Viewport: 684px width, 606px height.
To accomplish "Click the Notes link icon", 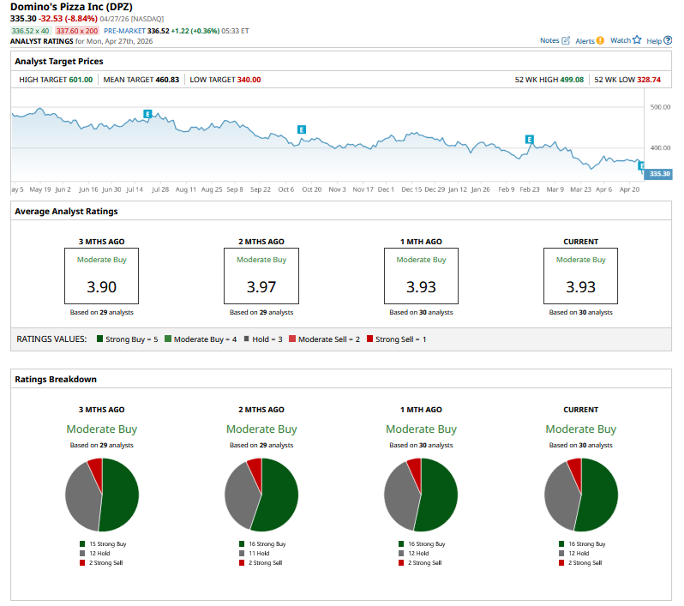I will [566, 40].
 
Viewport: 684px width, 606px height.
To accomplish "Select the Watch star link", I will [626, 40].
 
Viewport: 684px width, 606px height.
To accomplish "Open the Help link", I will [659, 40].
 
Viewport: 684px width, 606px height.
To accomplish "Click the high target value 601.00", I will [81, 80].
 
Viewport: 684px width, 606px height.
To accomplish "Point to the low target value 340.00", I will [249, 80].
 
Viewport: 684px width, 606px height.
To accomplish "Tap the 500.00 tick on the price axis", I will [661, 108].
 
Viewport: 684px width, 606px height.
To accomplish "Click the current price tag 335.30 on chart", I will [659, 174].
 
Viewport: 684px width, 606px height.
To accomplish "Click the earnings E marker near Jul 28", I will [148, 113].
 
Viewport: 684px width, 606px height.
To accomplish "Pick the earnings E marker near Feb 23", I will [530, 139].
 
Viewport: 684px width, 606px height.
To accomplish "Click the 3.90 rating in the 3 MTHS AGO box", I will [101, 286].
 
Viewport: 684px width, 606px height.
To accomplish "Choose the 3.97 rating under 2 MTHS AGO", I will [261, 286].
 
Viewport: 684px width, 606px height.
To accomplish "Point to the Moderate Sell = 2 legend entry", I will [324, 339].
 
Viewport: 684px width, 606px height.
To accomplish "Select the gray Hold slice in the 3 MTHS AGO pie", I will [81, 497].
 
